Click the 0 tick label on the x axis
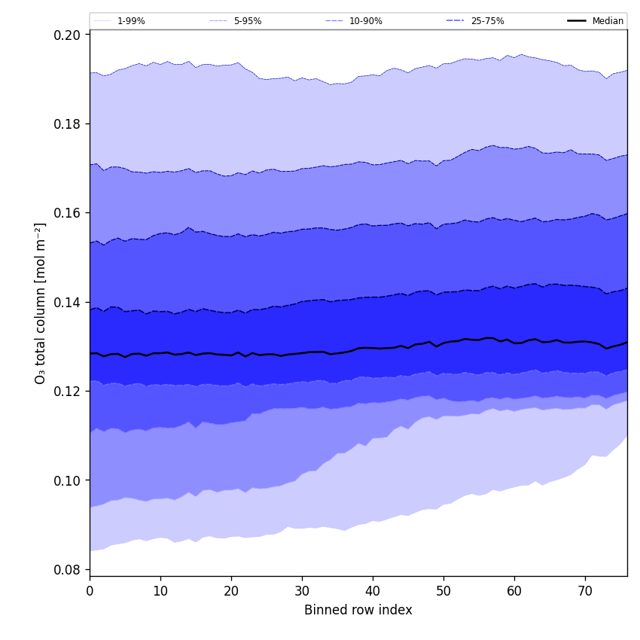click(x=90, y=591)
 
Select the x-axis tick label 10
click(x=160, y=591)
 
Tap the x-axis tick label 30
click(x=302, y=591)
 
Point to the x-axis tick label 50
click(x=443, y=591)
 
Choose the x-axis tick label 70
click(x=585, y=591)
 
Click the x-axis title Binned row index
click(x=358, y=610)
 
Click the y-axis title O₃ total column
click(x=41, y=303)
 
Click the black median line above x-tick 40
click(x=373, y=348)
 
